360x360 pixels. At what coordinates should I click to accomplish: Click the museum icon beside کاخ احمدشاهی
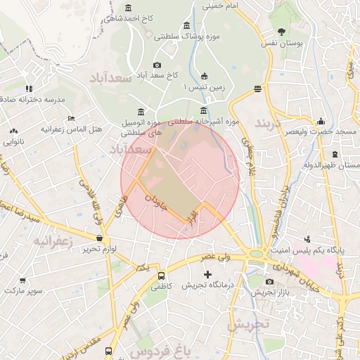pos(127,8)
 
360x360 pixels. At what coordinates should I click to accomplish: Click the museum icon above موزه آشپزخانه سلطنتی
pos(203,110)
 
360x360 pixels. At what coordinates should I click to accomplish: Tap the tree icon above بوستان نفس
pos(282,31)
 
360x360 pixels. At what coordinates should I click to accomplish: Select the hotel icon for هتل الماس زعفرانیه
pos(70,118)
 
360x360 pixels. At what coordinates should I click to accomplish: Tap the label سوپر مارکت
pos(25,290)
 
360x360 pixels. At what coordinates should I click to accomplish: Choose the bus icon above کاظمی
pos(161,276)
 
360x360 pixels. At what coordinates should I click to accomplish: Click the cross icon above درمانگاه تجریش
pos(207,274)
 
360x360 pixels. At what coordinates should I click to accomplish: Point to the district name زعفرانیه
pos(53,241)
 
